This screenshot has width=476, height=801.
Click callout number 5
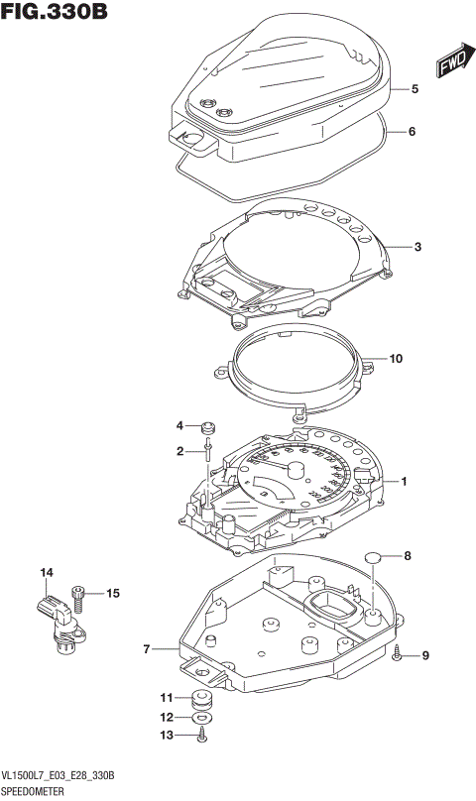(x=416, y=89)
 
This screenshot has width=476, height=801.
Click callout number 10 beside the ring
(x=397, y=359)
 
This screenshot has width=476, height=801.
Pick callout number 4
(x=180, y=426)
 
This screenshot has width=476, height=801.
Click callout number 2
(x=180, y=451)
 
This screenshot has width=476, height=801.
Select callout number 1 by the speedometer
(x=404, y=482)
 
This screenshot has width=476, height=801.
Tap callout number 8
(x=405, y=556)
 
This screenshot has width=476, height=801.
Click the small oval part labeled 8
(x=373, y=557)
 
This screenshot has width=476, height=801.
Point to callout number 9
(x=425, y=655)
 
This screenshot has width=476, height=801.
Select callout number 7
(x=146, y=650)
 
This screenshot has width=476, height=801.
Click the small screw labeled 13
(x=202, y=736)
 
